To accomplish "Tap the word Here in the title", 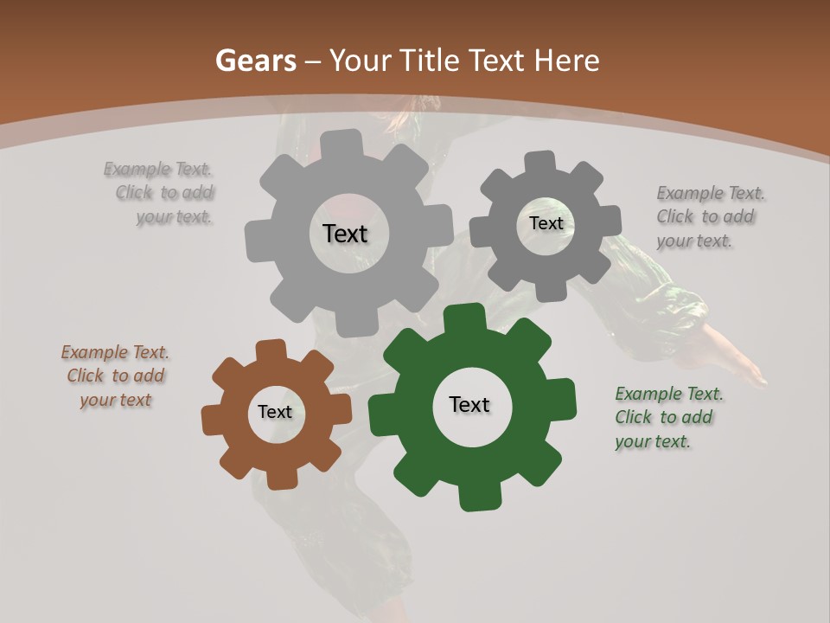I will tap(566, 61).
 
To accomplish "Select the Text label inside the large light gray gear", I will tap(345, 234).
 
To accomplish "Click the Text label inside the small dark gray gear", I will tap(546, 223).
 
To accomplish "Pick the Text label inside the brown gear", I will tap(275, 413).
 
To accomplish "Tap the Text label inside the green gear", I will tap(469, 405).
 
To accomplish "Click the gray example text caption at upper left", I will tap(161, 193).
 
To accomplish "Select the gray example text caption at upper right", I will tap(710, 217).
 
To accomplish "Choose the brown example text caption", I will tap(115, 376).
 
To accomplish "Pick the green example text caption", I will tap(667, 418).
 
